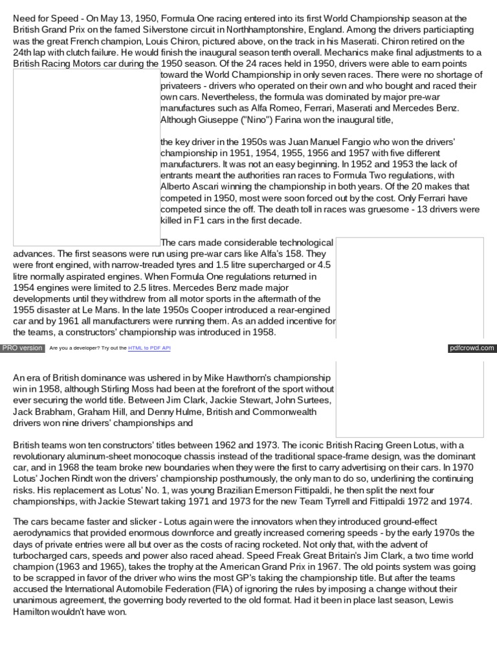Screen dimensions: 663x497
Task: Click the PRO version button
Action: [23, 348]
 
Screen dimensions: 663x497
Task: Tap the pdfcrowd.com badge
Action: [472, 348]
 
